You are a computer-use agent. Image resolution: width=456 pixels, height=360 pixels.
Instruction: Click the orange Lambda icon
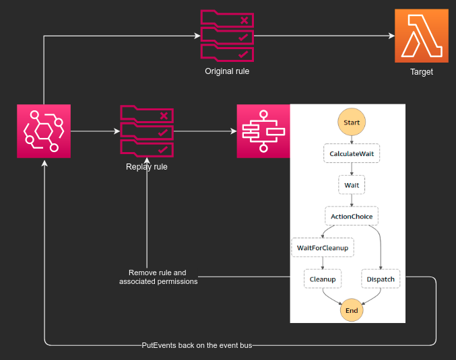tap(422, 36)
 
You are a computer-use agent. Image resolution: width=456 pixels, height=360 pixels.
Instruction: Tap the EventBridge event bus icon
tap(44, 131)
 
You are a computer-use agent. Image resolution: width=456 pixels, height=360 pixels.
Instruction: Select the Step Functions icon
tap(263, 131)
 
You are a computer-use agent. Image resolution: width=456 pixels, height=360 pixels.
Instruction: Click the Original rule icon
tap(227, 36)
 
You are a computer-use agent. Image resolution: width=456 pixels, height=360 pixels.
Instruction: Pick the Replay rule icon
tap(147, 131)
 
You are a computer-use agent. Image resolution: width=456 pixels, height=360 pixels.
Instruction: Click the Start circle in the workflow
tap(352, 122)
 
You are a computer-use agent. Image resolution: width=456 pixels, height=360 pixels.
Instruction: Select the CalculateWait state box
tap(352, 153)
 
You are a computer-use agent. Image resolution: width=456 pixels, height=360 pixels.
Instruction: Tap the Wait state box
tap(352, 185)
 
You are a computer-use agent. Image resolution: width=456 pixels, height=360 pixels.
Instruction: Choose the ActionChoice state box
tap(352, 216)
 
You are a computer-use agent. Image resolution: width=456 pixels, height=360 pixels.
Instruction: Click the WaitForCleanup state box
tap(323, 248)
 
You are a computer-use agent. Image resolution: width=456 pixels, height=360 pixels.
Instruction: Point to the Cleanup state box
tap(323, 279)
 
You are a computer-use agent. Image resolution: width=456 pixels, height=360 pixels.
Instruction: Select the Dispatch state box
tap(381, 279)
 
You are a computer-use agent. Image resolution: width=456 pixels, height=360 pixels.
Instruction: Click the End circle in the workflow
tap(352, 310)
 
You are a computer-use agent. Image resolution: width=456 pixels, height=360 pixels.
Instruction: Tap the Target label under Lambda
tap(422, 72)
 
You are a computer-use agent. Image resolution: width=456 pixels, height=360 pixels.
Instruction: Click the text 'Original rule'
tap(227, 71)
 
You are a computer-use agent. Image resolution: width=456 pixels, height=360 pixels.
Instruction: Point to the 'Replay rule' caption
tap(147, 167)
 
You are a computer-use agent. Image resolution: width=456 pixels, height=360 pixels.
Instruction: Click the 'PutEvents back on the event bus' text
tap(197, 345)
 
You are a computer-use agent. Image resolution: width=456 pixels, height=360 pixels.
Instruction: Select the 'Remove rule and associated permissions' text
tap(158, 277)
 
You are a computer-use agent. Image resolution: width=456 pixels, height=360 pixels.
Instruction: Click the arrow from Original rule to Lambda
tap(324, 36)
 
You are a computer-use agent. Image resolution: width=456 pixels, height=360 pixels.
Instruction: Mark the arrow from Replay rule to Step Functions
tap(205, 131)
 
